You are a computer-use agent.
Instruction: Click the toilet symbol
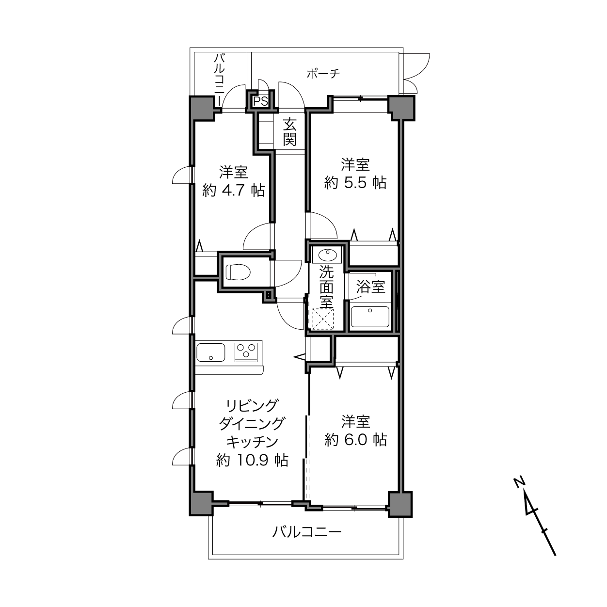point(238,272)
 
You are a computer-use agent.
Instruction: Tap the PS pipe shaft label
point(261,101)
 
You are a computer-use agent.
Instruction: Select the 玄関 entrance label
point(289,132)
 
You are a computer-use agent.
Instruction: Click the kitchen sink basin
point(211,352)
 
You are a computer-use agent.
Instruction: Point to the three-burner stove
point(246,352)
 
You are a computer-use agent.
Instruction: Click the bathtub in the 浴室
point(370,317)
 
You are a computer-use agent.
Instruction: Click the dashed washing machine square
point(322,319)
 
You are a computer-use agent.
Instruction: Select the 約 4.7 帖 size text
point(233,190)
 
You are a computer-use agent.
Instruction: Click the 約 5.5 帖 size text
point(355,183)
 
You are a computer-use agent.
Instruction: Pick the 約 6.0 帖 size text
point(356,440)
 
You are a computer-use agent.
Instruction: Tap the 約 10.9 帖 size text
point(252,461)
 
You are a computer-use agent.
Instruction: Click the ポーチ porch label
point(323,74)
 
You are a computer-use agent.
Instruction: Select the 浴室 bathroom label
point(370,287)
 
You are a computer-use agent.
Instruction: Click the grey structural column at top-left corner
point(202,108)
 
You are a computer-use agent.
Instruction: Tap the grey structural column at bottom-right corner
point(399,504)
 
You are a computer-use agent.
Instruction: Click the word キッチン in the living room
point(252,442)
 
